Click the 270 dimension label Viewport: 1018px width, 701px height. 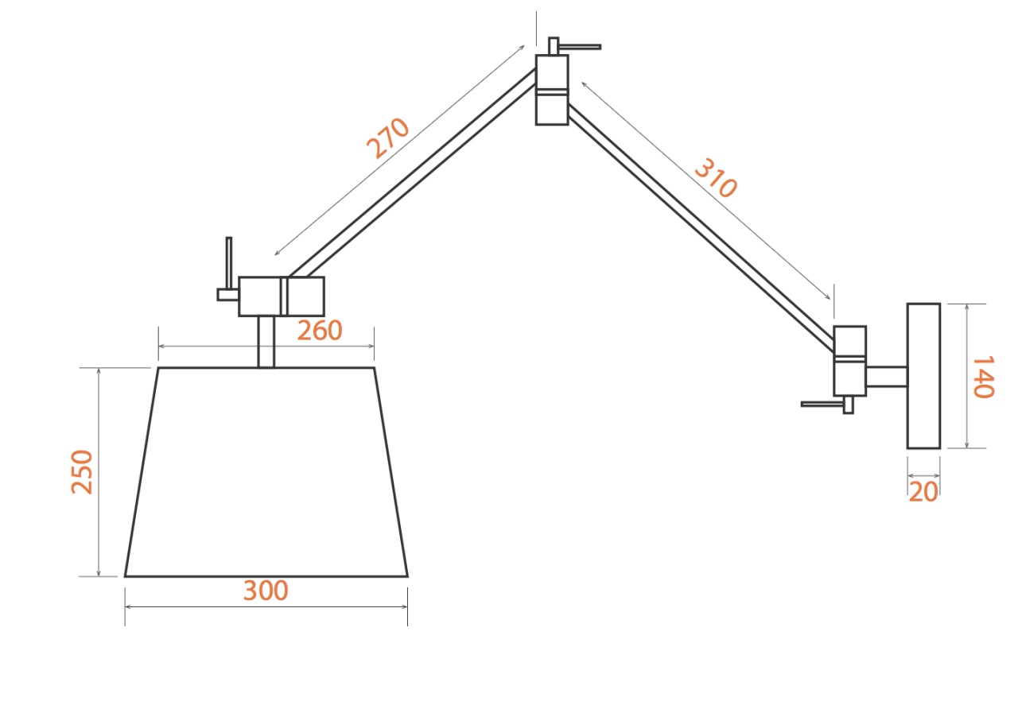coord(387,138)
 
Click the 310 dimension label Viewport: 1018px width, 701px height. coord(716,177)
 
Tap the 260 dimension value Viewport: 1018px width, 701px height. coord(320,331)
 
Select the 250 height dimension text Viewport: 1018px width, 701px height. coord(82,472)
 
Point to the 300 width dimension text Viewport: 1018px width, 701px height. coord(266,591)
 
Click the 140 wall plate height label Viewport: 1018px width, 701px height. coord(983,377)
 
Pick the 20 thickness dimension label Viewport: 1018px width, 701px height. coord(923,492)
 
